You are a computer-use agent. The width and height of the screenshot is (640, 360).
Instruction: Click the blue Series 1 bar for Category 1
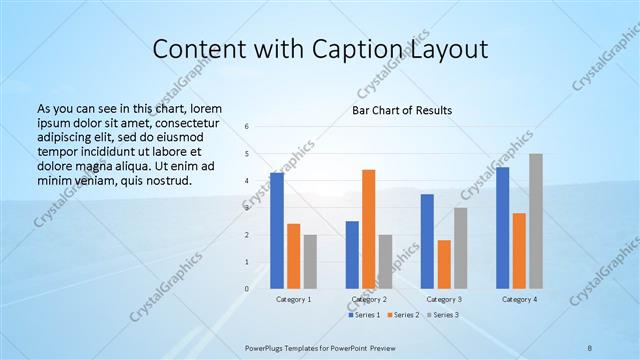[277, 231]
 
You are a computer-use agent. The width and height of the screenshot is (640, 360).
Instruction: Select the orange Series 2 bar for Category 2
[368, 229]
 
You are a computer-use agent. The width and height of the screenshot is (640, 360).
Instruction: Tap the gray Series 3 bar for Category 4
[536, 221]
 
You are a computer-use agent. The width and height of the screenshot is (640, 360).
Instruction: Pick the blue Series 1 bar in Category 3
[427, 241]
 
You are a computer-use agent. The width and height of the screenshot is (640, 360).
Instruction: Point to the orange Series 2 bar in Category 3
[444, 264]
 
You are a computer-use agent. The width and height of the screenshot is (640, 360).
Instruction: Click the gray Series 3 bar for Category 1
[310, 261]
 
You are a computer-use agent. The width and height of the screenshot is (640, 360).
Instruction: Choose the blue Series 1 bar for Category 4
[503, 228]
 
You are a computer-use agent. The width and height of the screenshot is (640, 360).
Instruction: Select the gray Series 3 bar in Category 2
[385, 261]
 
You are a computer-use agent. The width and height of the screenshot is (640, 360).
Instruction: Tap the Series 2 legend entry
[403, 315]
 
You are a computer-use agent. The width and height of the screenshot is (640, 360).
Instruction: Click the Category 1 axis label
[293, 299]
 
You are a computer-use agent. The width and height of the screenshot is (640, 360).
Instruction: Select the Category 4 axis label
[519, 299]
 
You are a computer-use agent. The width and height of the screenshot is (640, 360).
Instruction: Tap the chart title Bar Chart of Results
[402, 109]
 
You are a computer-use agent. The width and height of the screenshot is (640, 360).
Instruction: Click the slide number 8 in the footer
[590, 346]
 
